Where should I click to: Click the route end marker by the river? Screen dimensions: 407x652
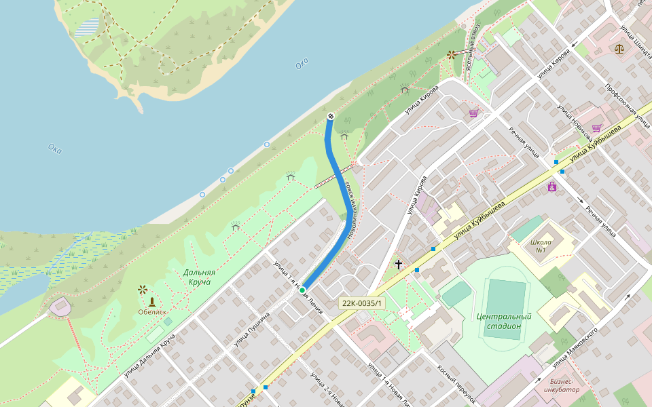point(330,117)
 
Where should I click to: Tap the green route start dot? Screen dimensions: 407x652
point(302,290)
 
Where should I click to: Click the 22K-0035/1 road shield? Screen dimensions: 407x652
point(362,304)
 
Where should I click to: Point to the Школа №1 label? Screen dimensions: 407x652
point(541,246)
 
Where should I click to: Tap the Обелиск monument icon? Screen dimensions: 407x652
point(152,301)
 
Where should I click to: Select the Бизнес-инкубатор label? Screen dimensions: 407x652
point(561,386)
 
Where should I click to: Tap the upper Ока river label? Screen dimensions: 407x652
point(302,64)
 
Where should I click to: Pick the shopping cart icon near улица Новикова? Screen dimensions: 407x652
point(596,128)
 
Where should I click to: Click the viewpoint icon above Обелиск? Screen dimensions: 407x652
point(143,289)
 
